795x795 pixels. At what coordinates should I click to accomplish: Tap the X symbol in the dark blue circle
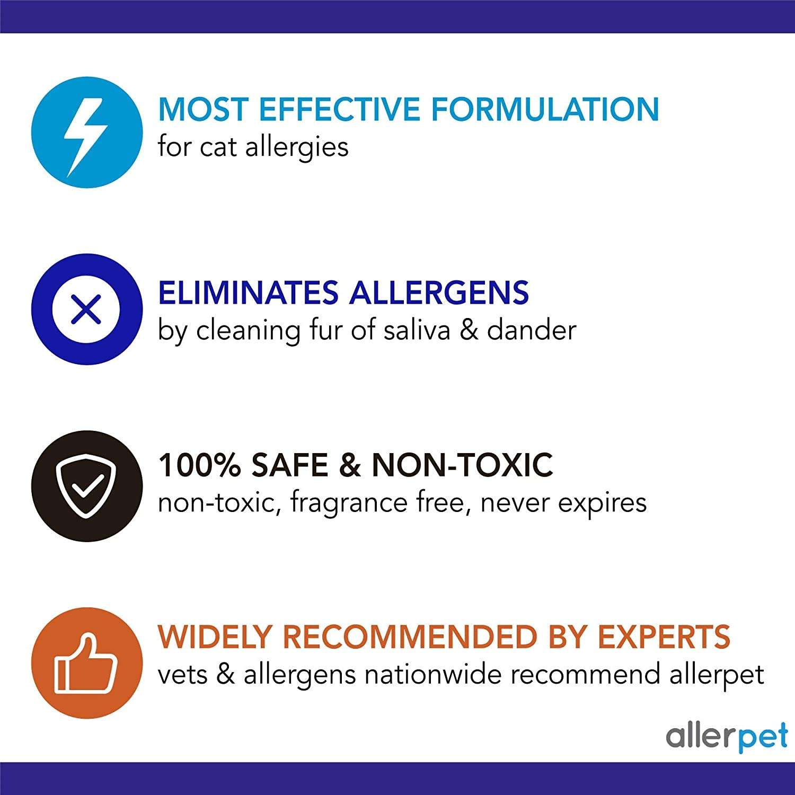86,310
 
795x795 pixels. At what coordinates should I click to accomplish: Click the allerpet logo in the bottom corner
727,736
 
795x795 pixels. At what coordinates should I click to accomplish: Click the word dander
531,330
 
